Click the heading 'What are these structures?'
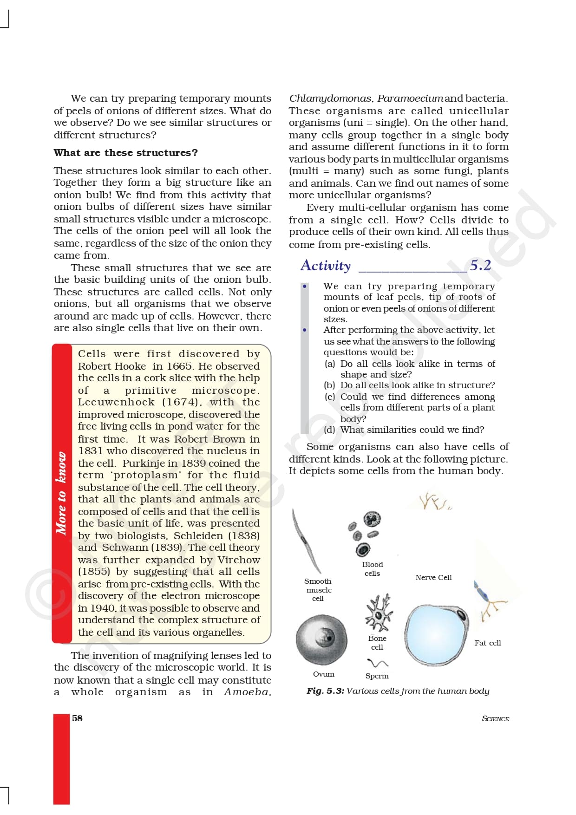pos(125,153)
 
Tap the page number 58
pos(77,718)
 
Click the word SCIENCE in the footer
pos(495,718)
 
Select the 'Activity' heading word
pos(326,266)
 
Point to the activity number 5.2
pos(480,265)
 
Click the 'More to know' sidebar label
pos(61,493)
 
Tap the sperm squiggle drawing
pos(377,663)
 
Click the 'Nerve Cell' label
pos(433,577)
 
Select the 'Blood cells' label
pos(373,569)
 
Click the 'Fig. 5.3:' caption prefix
pos(325,691)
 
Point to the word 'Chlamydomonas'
pos(331,98)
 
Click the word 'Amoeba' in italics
pos(246,692)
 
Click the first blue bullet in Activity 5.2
pos(305,286)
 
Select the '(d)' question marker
pos(329,430)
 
